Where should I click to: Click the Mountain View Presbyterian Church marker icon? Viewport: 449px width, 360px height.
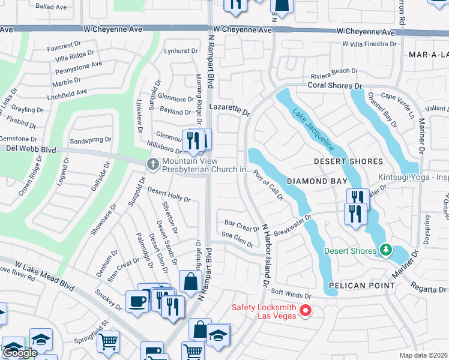coord(153,164)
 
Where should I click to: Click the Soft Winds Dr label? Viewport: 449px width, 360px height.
coord(291,295)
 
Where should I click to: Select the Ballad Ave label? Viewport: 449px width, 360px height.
coord(51,7)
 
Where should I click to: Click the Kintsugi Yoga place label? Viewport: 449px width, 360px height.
coord(413,178)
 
